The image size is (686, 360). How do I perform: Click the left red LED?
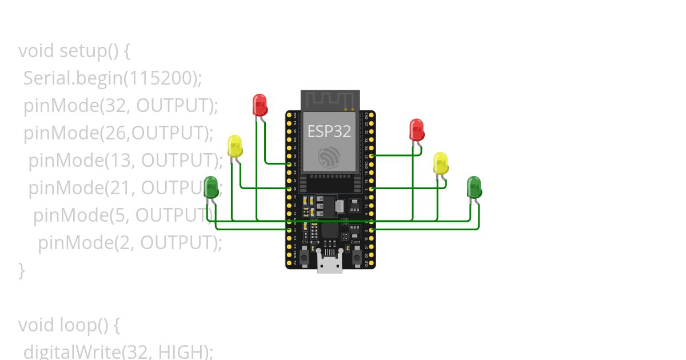click(x=260, y=105)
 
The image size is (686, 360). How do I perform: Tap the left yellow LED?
click(x=234, y=146)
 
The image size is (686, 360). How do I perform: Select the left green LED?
click(x=211, y=187)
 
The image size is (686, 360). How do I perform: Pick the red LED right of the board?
click(x=417, y=130)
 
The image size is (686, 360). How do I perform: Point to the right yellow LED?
click(x=440, y=163)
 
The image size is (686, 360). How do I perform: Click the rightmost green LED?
click(x=474, y=187)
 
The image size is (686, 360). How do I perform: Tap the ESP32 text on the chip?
click(x=329, y=131)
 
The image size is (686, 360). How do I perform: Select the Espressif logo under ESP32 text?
click(x=329, y=157)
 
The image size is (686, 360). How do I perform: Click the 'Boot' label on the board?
click(x=355, y=242)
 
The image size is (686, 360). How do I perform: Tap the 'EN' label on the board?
click(x=305, y=242)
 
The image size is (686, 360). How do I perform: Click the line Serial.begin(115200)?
click(x=113, y=78)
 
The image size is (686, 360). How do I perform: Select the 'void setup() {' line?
click(x=74, y=51)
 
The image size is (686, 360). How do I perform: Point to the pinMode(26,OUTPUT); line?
click(x=118, y=133)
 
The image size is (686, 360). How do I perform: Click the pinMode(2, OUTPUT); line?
click(x=130, y=243)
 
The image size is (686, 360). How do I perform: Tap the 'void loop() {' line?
click(x=69, y=325)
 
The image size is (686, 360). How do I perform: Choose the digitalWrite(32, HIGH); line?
click(x=118, y=351)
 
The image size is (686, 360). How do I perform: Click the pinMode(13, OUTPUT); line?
click(x=125, y=161)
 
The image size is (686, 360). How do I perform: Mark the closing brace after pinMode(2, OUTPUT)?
click(x=22, y=270)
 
